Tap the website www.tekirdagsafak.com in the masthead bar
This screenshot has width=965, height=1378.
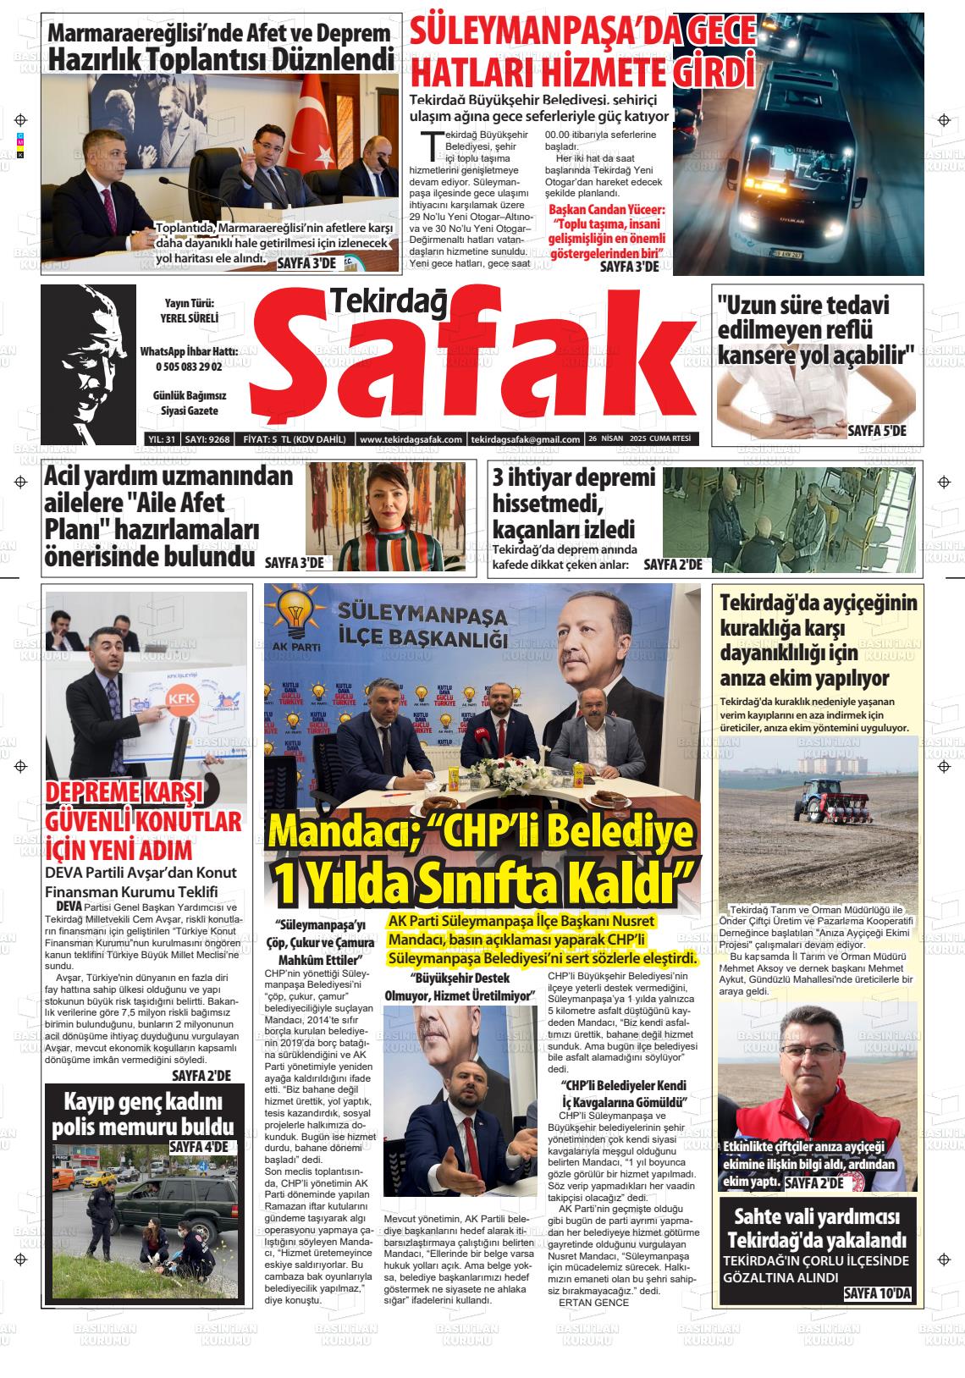click(411, 439)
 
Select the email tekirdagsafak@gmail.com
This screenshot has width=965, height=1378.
click(526, 439)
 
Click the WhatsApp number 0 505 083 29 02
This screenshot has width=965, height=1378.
click(189, 367)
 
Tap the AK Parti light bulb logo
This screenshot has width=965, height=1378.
click(297, 614)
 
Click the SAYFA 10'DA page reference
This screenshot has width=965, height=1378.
click(877, 1294)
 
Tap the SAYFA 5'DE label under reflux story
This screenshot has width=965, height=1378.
click(876, 431)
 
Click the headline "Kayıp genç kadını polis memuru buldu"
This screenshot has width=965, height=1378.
click(142, 1115)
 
